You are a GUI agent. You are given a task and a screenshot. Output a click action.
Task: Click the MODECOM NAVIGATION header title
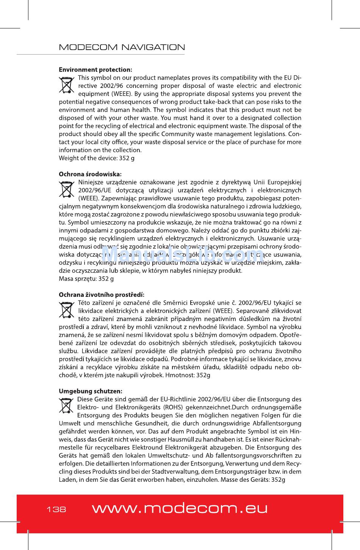tap(122, 47)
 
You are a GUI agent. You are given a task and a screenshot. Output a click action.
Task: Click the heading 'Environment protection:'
tap(95, 70)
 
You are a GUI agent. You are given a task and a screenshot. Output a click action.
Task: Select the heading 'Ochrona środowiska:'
tap(90, 174)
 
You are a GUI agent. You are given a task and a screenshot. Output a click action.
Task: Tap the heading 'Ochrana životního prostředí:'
tap(102, 295)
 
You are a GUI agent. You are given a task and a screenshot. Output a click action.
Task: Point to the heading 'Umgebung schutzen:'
tap(91, 391)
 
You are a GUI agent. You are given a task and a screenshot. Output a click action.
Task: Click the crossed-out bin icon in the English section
tap(67, 85)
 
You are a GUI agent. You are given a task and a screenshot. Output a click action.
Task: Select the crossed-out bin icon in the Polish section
tap(67, 190)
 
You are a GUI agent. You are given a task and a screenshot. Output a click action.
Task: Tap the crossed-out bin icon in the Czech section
tap(67, 310)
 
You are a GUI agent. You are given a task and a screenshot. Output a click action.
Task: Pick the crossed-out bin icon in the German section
tap(67, 406)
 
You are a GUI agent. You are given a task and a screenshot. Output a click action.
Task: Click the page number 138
tap(56, 509)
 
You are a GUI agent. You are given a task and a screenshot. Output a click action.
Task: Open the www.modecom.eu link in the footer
tap(180, 508)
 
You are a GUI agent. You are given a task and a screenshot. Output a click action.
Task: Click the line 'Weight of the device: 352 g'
tap(97, 158)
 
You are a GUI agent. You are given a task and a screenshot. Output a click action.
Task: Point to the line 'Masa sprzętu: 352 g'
tap(86, 279)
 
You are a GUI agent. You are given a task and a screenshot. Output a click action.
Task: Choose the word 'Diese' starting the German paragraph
tap(85, 399)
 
